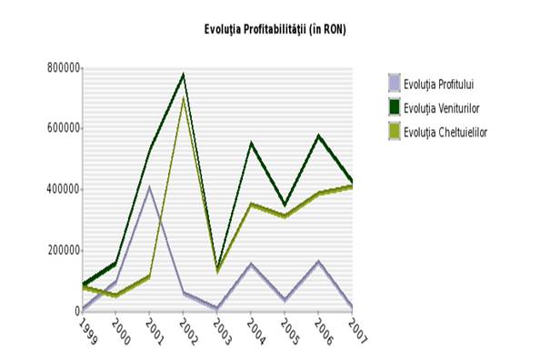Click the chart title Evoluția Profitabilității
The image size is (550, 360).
tap(275, 30)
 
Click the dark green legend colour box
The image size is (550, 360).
tap(394, 108)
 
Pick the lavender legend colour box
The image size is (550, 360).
tap(394, 84)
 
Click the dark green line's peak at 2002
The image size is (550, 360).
tap(183, 75)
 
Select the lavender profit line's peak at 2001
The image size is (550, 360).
tap(149, 187)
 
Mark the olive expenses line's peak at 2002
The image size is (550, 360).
tap(183, 97)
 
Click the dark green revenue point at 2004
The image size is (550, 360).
tap(251, 143)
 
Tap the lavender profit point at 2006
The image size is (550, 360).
tap(318, 262)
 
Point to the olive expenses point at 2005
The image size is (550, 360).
tap(285, 216)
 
